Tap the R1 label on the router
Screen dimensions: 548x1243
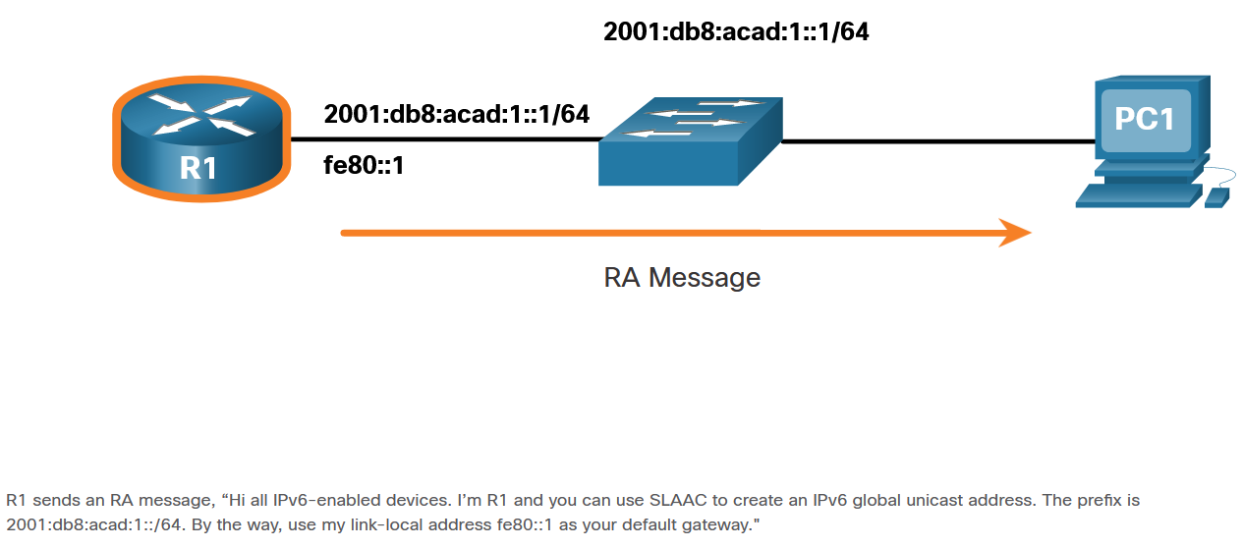pyautogui.click(x=198, y=168)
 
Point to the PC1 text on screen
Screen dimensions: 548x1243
pyautogui.click(x=1145, y=119)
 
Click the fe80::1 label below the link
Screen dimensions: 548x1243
pyautogui.click(x=365, y=166)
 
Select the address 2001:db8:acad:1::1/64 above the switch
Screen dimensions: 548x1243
pyautogui.click(x=736, y=32)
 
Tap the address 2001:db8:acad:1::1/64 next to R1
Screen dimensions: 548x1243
pyautogui.click(x=457, y=114)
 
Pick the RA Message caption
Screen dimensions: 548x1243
pyautogui.click(x=682, y=277)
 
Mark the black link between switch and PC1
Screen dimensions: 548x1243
pyautogui.click(x=938, y=141)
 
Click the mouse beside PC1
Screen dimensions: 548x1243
pyautogui.click(x=1215, y=197)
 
